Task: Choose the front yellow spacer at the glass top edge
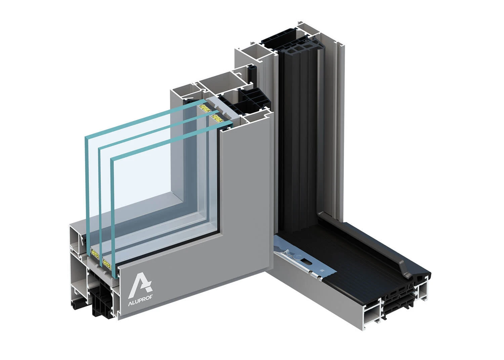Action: coord(217,118)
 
